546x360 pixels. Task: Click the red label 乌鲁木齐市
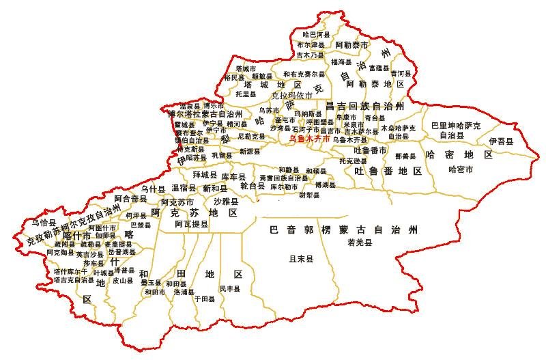310,138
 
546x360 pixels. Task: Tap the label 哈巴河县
316,33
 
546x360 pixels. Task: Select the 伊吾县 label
501,140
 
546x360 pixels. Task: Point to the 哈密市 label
461,169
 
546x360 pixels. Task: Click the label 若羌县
359,243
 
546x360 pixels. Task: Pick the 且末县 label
301,259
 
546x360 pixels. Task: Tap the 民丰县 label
230,289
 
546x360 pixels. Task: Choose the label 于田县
204,299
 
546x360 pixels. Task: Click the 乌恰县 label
43,222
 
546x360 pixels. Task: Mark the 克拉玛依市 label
291,95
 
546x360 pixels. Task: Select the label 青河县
401,72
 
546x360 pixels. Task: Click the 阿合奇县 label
130,198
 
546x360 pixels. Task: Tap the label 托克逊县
353,161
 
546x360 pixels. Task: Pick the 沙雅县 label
226,202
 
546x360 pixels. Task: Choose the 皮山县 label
123,280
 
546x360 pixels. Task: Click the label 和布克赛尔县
304,74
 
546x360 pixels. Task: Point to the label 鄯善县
397,156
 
